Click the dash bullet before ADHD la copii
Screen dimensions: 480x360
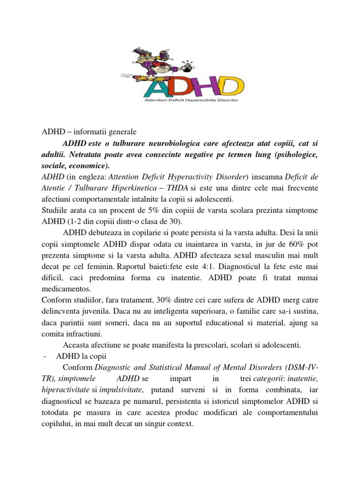[44, 357]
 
